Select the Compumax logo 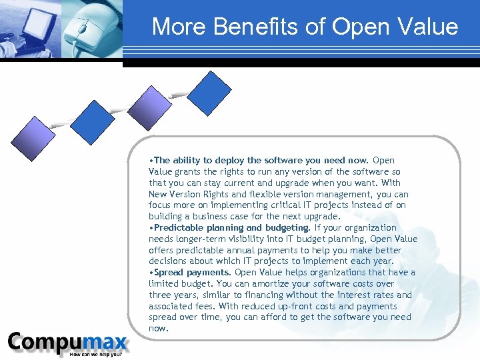(x=67, y=343)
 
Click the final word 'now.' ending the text (x=158, y=328)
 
